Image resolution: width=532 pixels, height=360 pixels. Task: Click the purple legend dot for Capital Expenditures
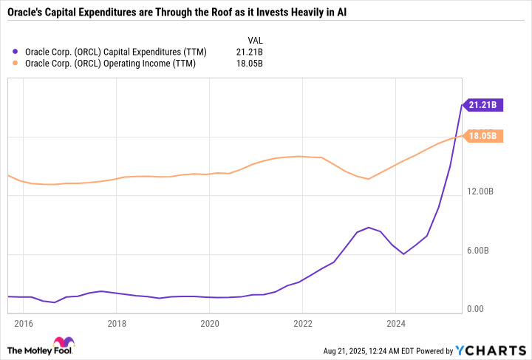[x=16, y=52]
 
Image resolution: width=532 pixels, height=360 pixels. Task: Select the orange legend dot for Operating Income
[x=16, y=64]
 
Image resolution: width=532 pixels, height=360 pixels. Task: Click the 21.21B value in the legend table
[x=248, y=52]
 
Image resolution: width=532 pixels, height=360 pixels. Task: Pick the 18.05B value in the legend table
[x=248, y=64]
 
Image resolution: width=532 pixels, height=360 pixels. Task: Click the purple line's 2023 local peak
[x=368, y=228]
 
